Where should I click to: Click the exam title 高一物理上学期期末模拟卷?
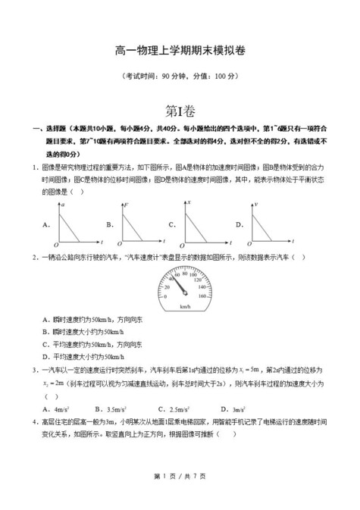pos(180,50)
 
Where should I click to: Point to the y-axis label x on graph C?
pos(189,205)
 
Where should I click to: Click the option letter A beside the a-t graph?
pos(46,224)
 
